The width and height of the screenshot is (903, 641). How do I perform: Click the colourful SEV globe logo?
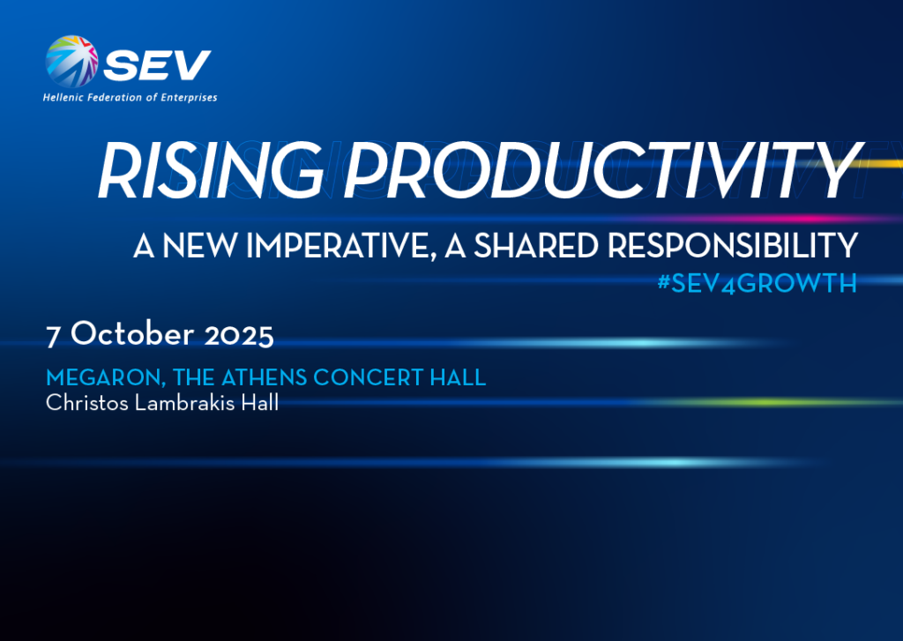(71, 62)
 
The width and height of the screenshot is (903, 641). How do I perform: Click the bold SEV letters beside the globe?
(157, 65)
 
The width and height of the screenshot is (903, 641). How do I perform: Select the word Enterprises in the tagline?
(189, 98)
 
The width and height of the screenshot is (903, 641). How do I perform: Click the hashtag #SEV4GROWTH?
(757, 283)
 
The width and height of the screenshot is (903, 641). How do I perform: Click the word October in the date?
(132, 333)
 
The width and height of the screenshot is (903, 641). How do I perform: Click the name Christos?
(87, 403)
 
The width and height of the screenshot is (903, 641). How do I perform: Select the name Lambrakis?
(185, 403)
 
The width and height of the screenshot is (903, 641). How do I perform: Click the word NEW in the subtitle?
(199, 246)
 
